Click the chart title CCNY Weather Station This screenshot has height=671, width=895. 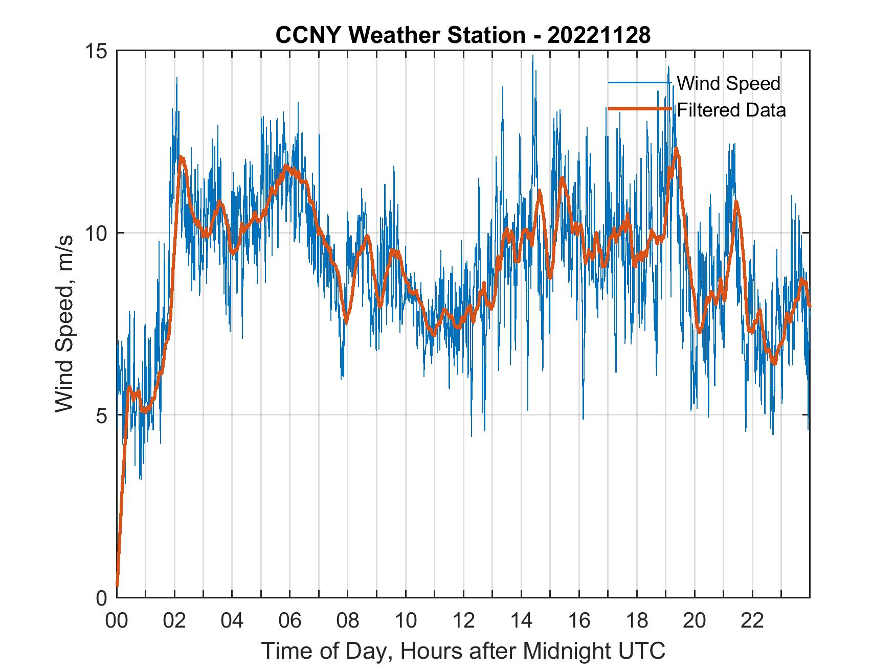pyautogui.click(x=400, y=35)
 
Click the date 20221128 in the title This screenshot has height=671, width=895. pyautogui.click(x=599, y=35)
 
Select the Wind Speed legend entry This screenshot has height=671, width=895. pyautogui.click(x=728, y=83)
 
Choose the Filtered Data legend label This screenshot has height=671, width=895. pyautogui.click(x=731, y=110)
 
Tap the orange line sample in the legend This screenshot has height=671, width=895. pyautogui.click(x=639, y=109)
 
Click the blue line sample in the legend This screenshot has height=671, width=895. pyautogui.click(x=639, y=83)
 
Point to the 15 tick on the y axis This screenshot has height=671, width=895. pyautogui.click(x=97, y=51)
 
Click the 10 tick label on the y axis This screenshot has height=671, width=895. pyautogui.click(x=97, y=234)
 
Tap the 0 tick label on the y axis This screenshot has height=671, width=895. pyautogui.click(x=102, y=598)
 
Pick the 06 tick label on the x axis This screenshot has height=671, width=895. pyautogui.click(x=290, y=621)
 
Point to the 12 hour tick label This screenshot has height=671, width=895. pyautogui.click(x=463, y=621)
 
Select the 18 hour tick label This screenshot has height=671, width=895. pyautogui.click(x=637, y=621)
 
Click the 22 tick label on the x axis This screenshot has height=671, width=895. pyautogui.click(x=752, y=621)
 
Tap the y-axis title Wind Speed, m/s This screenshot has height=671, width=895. pyautogui.click(x=64, y=324)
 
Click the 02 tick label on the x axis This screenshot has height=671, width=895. pyautogui.click(x=174, y=621)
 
